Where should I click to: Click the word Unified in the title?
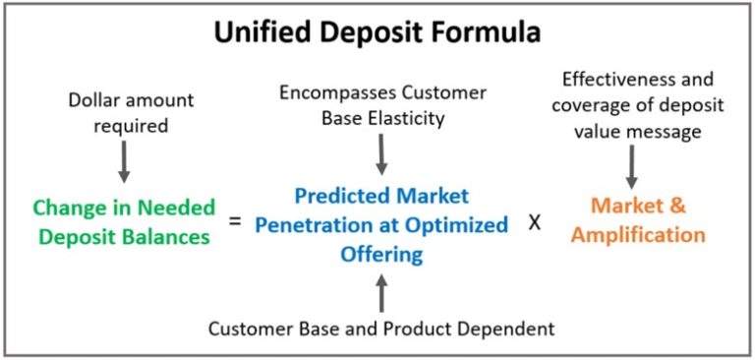pyautogui.click(x=257, y=31)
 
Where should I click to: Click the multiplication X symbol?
pyautogui.click(x=535, y=221)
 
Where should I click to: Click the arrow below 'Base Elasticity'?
pyautogui.click(x=381, y=154)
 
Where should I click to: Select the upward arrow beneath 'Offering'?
pyautogui.click(x=381, y=292)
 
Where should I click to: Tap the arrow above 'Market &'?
pyautogui.click(x=630, y=168)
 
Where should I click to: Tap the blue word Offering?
pyautogui.click(x=381, y=254)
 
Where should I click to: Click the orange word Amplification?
pyautogui.click(x=638, y=235)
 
